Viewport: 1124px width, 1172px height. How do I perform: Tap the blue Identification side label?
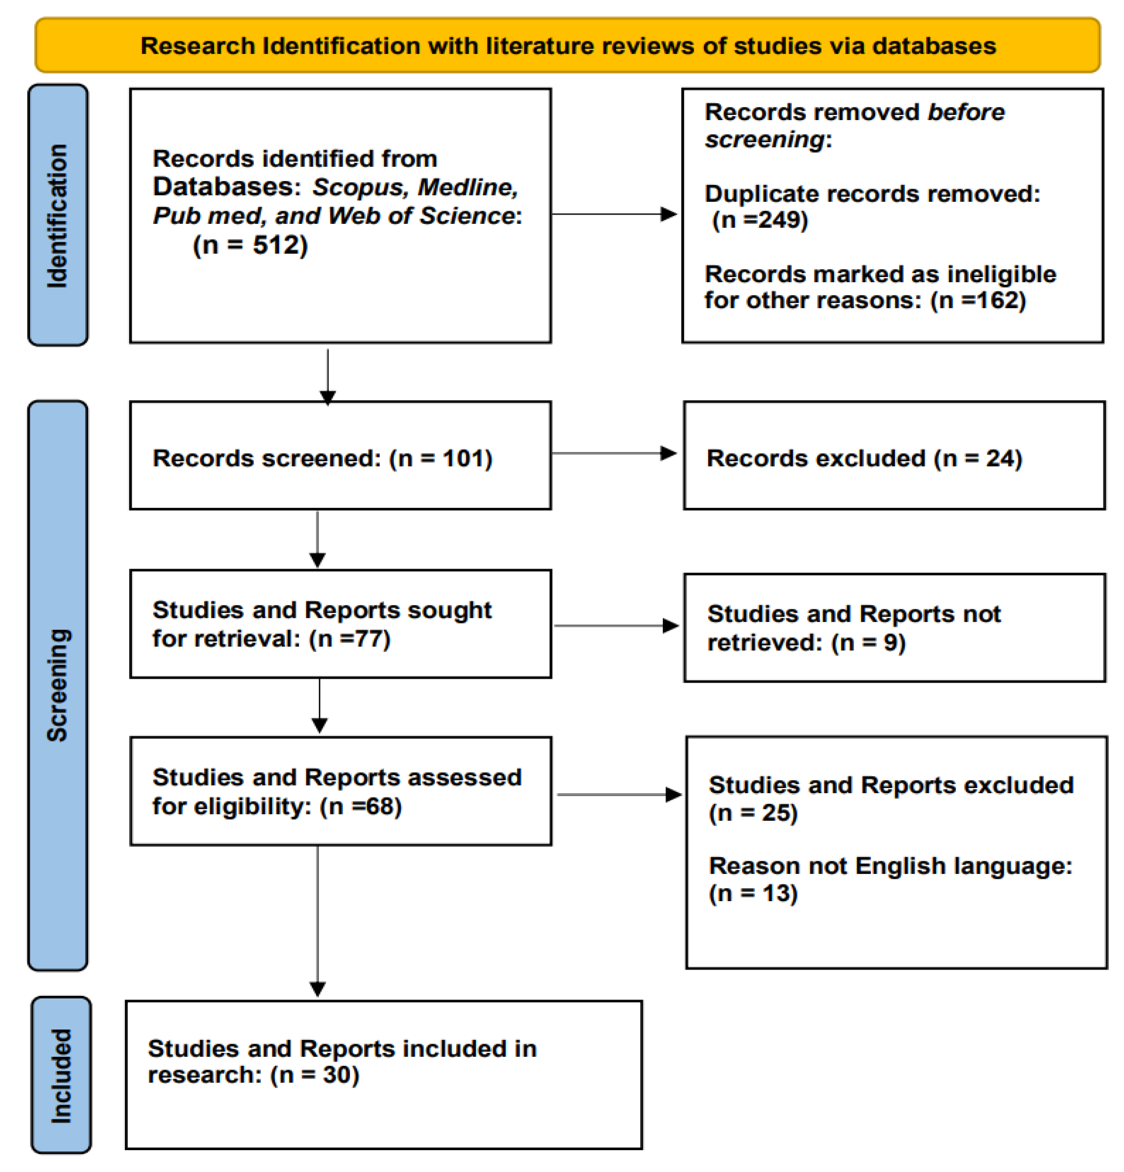tap(58, 215)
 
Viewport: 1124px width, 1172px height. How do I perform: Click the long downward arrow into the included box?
tap(317, 921)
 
